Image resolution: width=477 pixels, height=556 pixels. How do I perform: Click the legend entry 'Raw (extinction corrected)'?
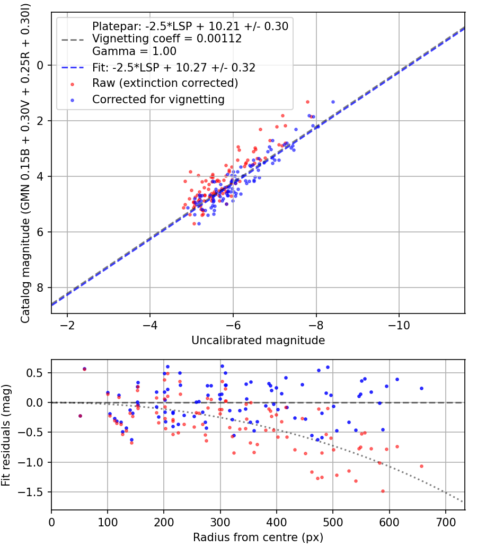tap(165, 83)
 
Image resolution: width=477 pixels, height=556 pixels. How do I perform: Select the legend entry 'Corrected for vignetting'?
tap(158, 99)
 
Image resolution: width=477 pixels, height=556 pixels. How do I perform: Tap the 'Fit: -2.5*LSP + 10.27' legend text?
tap(174, 68)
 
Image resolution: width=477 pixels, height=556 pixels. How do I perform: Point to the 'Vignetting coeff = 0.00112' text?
tap(167, 39)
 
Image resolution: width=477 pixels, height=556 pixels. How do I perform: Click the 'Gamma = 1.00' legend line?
tap(134, 51)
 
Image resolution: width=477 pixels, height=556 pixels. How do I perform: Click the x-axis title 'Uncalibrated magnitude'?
tap(258, 340)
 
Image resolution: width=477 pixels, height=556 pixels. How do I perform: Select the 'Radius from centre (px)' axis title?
tap(258, 537)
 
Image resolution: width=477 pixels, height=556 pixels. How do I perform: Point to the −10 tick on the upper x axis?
tap(400, 325)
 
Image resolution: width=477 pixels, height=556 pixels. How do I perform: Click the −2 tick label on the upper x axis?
tap(67, 325)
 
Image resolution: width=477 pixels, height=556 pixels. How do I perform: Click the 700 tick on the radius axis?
tap(445, 522)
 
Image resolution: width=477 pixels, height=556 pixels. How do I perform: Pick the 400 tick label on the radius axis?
tap(276, 522)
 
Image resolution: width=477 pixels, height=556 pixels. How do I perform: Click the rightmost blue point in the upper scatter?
tap(333, 102)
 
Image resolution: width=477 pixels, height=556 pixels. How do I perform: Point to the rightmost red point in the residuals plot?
tap(421, 466)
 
